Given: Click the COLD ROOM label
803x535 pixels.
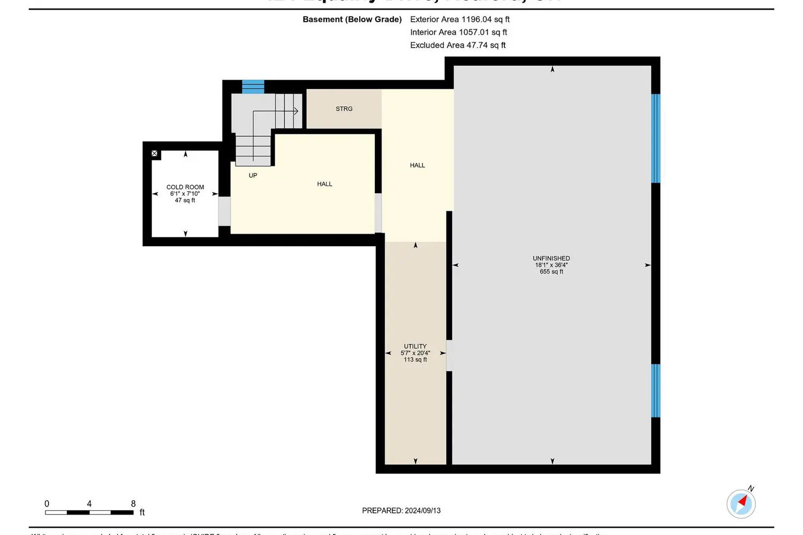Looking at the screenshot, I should click(x=185, y=187).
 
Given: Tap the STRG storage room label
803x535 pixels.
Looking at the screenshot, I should click(x=344, y=109).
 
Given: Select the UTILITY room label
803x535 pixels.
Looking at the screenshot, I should click(x=415, y=346).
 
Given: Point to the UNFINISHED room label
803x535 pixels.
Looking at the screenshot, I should click(x=551, y=258).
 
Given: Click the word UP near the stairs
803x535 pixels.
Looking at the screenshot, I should click(x=253, y=175).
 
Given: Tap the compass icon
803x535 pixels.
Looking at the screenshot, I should click(x=741, y=503).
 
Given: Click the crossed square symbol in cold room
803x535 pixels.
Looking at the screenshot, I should click(x=155, y=154).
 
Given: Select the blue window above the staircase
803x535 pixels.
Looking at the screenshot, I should click(x=253, y=87).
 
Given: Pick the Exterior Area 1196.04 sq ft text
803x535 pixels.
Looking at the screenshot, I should click(x=459, y=19).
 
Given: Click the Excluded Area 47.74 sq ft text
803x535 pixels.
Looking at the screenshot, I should click(x=458, y=45).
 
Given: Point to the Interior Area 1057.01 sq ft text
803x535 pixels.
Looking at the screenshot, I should click(x=458, y=32).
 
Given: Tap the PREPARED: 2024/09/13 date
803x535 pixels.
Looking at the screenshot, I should click(x=401, y=510).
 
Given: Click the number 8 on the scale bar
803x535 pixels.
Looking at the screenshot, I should click(x=133, y=503).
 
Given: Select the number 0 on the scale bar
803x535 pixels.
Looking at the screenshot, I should click(x=47, y=503).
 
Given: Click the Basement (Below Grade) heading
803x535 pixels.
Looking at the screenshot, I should click(x=352, y=19).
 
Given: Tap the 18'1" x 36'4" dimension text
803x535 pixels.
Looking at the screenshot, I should click(x=551, y=265).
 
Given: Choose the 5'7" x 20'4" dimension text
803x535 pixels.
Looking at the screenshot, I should click(x=415, y=353).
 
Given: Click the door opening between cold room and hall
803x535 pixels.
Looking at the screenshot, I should click(x=224, y=211).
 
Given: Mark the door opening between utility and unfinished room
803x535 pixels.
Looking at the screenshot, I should click(x=449, y=355).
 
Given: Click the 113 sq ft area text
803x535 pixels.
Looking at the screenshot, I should click(x=415, y=360).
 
